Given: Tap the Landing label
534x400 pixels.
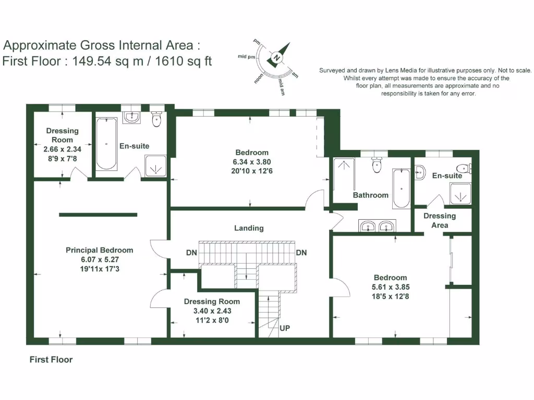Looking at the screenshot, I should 249,228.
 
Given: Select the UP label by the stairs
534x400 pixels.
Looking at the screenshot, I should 285,328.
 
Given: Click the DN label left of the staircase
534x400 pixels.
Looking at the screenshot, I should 191,253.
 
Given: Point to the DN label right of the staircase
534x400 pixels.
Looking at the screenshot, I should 301,253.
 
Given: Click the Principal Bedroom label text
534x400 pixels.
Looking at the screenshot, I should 99,250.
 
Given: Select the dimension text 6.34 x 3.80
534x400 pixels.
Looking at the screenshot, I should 252,162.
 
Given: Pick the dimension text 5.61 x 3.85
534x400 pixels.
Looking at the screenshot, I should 390,287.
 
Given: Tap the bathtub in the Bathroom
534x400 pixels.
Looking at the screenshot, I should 400,188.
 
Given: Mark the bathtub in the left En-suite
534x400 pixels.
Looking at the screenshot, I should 106,144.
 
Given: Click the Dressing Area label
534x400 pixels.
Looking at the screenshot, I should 440,220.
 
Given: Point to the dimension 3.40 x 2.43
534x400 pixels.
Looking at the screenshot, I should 212,311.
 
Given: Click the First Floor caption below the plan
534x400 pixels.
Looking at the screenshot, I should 51,360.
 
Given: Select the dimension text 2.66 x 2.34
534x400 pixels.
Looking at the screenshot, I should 62,149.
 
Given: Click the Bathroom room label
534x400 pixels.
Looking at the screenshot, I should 371,195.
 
